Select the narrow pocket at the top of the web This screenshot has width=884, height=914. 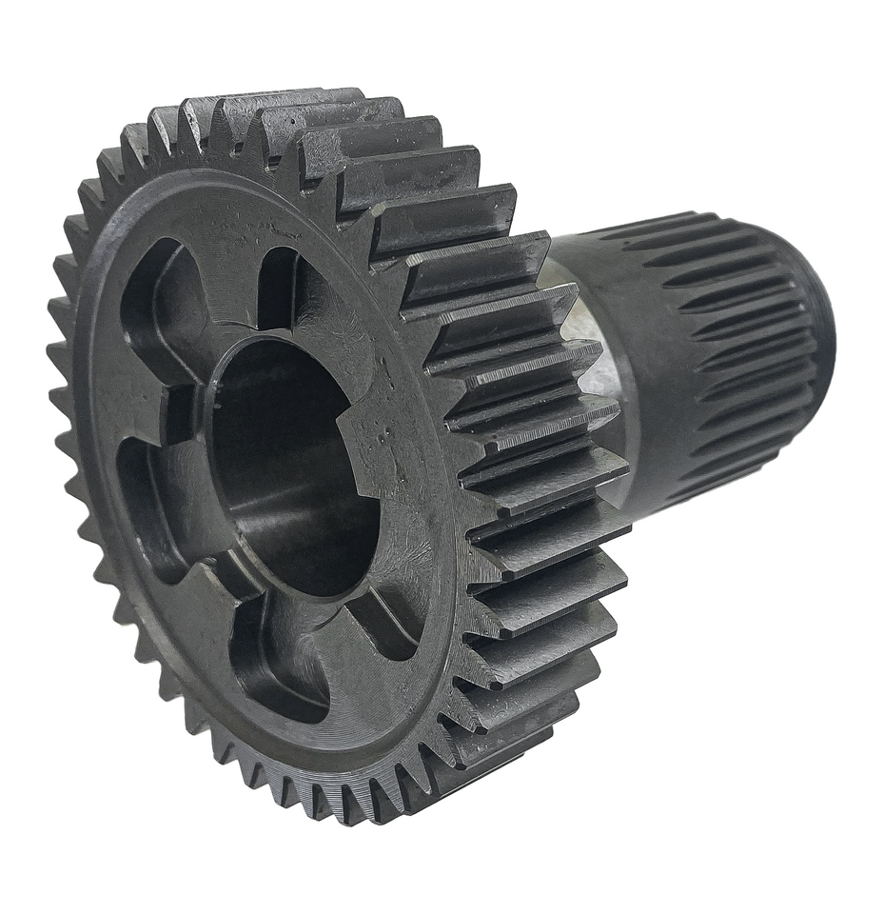click(278, 286)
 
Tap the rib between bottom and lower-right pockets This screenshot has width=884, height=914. click(343, 619)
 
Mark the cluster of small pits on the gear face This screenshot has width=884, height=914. click(385, 433)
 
